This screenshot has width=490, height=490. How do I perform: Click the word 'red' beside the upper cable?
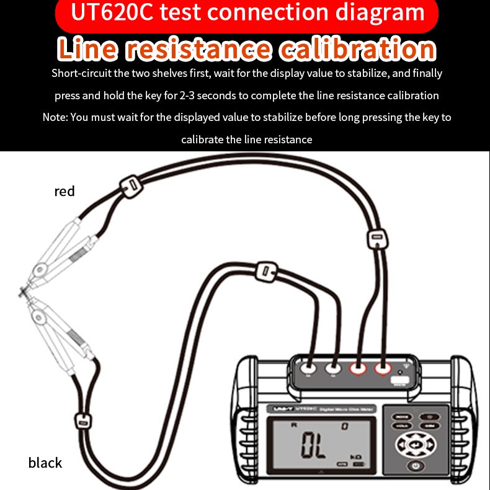pyautogui.click(x=65, y=191)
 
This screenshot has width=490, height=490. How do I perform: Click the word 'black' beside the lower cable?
pyautogui.click(x=45, y=463)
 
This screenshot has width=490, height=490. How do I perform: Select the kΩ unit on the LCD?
pyautogui.click(x=355, y=458)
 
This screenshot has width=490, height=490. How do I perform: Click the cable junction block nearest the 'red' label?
pyautogui.click(x=131, y=184)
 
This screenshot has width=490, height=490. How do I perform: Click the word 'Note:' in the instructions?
pyautogui.click(x=55, y=117)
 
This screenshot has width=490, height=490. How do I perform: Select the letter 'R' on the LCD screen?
pyautogui.click(x=294, y=425)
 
